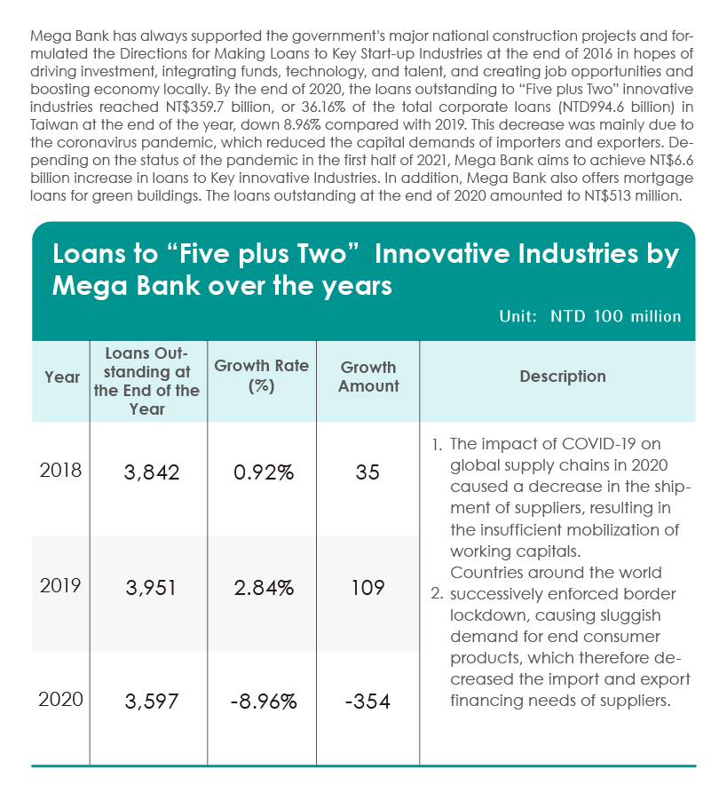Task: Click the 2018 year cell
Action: click(x=60, y=471)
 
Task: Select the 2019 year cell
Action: click(x=60, y=585)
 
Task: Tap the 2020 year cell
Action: click(x=60, y=700)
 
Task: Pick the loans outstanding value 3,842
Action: click(x=152, y=472)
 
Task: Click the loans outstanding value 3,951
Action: click(x=151, y=588)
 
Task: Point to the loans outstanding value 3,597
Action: click(x=152, y=702)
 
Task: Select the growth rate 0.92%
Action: click(x=264, y=472)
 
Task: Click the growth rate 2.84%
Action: click(x=264, y=588)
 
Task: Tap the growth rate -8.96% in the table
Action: click(x=264, y=702)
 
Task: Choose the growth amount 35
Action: click(x=367, y=472)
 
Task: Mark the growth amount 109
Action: click(x=367, y=588)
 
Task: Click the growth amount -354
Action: click(x=367, y=702)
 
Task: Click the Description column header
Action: click(x=563, y=377)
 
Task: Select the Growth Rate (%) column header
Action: click(x=262, y=376)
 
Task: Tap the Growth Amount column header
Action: click(x=368, y=377)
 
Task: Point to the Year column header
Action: click(x=62, y=377)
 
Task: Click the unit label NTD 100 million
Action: click(x=616, y=316)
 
